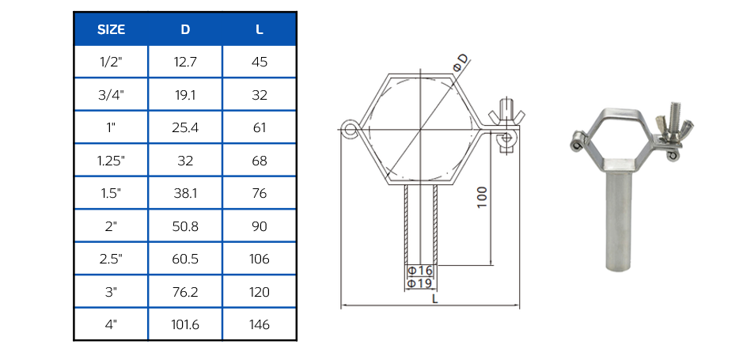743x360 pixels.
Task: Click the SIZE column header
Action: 111,29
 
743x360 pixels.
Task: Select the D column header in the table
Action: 185,29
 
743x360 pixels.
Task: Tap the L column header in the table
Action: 260,29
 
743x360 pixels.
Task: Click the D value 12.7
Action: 185,62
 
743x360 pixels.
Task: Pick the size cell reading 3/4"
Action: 111,95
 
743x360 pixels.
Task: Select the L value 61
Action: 260,127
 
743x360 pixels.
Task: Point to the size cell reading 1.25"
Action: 111,161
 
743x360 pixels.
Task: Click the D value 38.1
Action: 185,193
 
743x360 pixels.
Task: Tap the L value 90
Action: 260,226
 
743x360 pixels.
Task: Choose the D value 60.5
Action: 185,259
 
